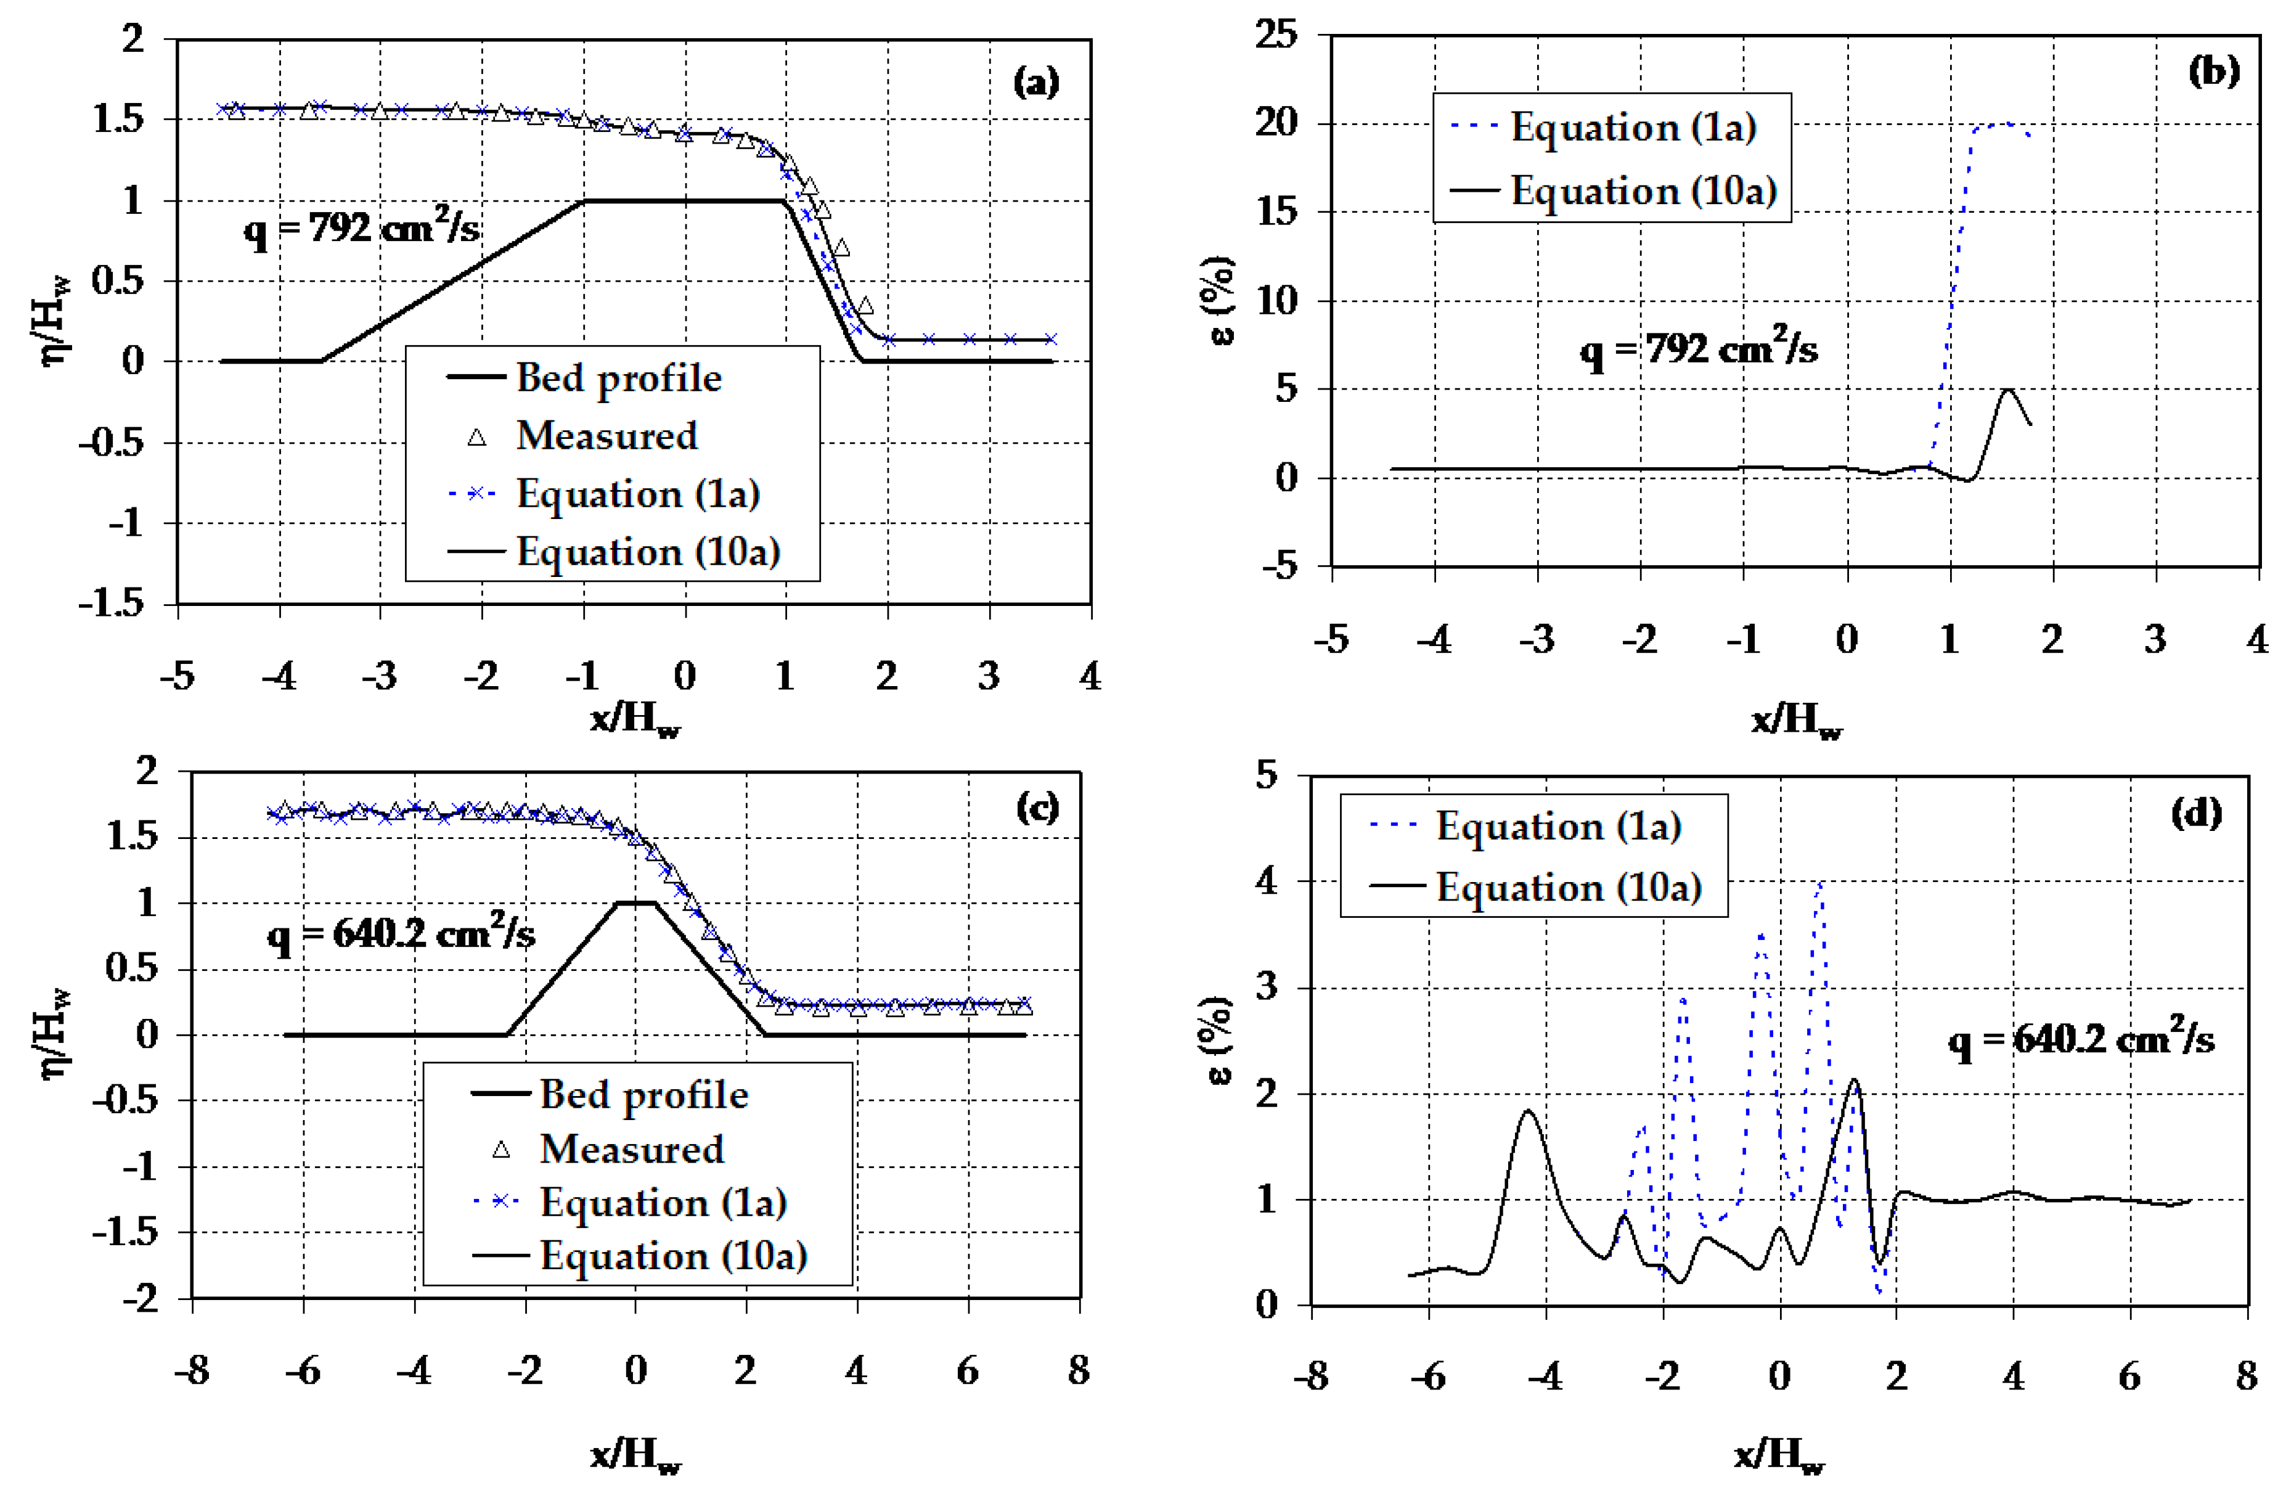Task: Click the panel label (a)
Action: coord(1035,83)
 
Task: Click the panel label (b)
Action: coord(2213,72)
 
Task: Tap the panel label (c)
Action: coord(1037,809)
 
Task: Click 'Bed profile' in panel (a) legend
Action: coord(618,378)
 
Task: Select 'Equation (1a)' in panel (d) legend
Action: coord(1558,827)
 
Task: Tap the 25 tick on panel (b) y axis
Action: coord(1278,35)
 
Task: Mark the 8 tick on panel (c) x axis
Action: coord(1079,1370)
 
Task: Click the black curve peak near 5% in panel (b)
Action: coord(2008,390)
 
